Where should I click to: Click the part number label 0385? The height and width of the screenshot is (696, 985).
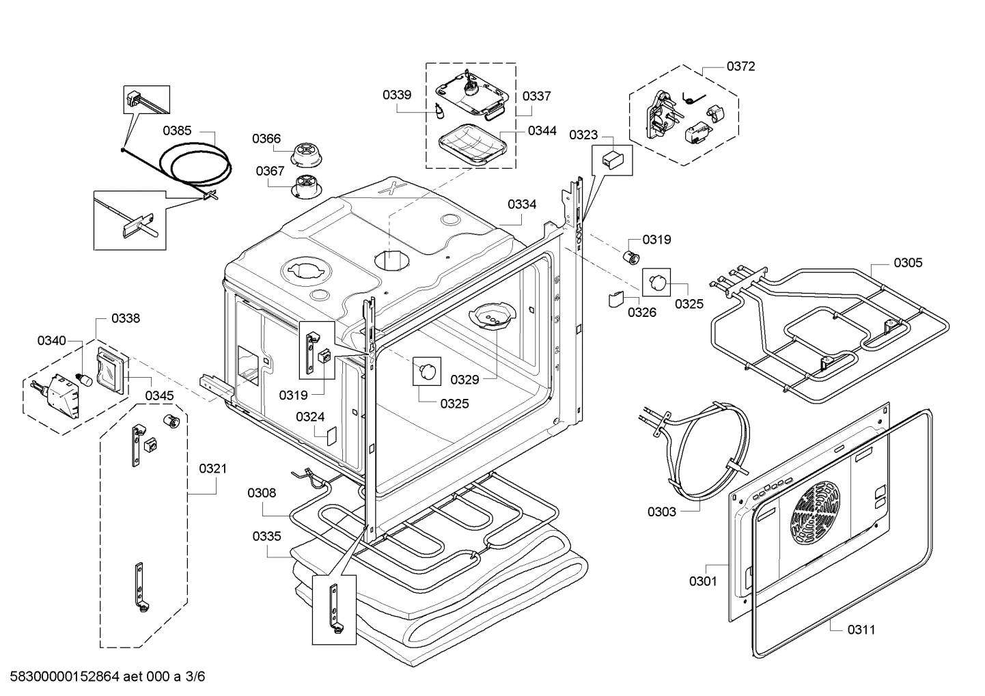tap(177, 130)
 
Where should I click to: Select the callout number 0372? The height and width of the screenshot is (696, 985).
tap(740, 66)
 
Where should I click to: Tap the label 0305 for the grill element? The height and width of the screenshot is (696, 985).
tap(908, 263)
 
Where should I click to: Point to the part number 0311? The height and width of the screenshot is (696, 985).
tap(861, 630)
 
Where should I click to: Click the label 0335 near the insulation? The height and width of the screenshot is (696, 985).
tap(267, 536)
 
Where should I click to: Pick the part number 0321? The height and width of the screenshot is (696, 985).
tap(213, 469)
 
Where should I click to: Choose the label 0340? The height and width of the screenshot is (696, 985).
tap(51, 341)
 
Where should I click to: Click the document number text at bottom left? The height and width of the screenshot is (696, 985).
tap(107, 677)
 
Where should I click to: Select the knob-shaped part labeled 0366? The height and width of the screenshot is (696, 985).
tap(307, 154)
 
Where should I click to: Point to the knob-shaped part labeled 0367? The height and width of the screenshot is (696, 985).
tap(307, 186)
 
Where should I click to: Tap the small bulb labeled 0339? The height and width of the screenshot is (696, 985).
tap(439, 111)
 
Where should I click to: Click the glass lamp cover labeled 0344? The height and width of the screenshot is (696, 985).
tap(471, 144)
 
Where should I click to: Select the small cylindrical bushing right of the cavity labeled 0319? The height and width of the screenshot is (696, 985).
tap(632, 257)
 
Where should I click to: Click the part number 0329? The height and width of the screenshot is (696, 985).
tap(464, 380)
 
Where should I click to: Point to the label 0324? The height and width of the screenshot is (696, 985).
tap(310, 417)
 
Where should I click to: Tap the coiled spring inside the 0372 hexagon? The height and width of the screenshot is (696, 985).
tap(693, 98)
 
